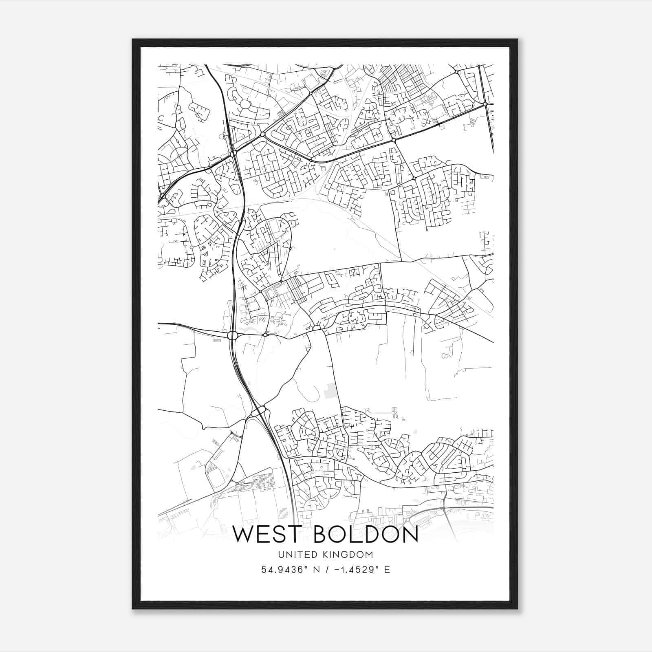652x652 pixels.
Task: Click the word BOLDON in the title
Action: (366, 535)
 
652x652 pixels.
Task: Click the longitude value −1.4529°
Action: (350, 570)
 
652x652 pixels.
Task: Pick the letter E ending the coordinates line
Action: (387, 570)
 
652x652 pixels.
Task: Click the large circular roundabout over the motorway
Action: (232, 335)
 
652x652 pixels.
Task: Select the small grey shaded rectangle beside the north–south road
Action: (332, 390)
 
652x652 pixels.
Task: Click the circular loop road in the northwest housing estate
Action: (245, 104)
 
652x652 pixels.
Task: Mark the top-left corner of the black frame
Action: (133, 40)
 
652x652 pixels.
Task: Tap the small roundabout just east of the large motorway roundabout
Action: (265, 335)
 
